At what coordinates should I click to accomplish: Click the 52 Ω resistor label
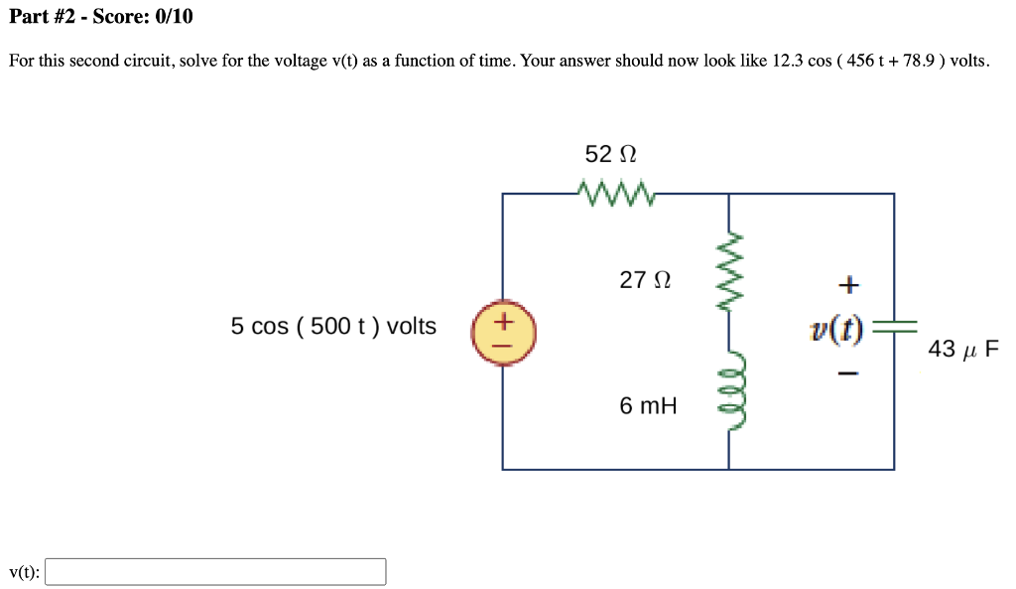point(610,155)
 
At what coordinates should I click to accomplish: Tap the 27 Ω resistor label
point(645,281)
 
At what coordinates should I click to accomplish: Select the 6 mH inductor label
point(648,405)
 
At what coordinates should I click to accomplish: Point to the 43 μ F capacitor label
point(963,350)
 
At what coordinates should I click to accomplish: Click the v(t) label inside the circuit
point(835,330)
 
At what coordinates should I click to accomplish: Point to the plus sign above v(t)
point(846,286)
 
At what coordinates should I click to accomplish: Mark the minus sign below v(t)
point(846,374)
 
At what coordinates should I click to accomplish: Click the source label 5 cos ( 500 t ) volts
point(333,327)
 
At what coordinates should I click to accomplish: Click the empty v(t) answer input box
point(215,572)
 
